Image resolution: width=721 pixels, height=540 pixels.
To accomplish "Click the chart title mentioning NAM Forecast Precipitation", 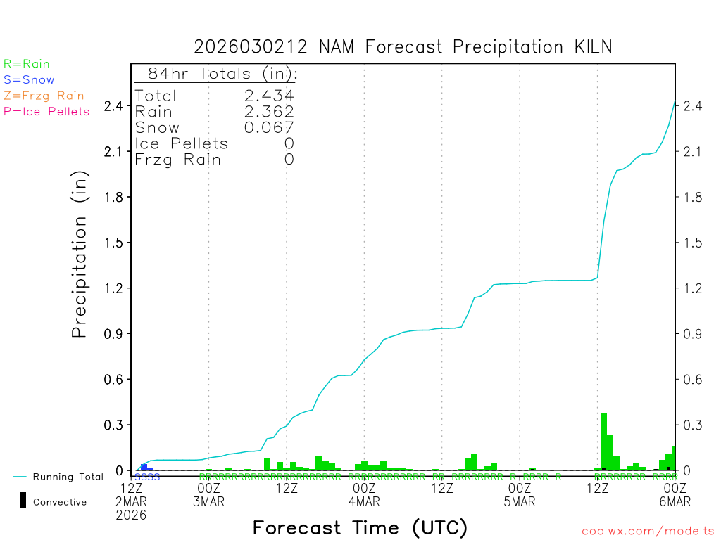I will click(403, 47).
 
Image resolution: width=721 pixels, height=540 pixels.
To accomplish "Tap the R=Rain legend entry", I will click(27, 64).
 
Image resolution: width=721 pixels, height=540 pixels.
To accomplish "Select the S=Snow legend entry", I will click(29, 80).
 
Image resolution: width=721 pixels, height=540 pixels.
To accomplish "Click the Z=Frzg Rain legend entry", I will click(44, 96).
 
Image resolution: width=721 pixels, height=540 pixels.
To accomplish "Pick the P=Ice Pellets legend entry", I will click(46, 111).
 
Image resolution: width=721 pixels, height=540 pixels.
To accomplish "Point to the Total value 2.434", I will click(269, 96).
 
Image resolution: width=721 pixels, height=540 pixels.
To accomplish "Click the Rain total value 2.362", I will click(269, 111).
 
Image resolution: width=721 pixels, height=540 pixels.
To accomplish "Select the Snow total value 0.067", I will click(269, 127).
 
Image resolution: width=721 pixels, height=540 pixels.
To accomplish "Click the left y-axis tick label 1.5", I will click(113, 243).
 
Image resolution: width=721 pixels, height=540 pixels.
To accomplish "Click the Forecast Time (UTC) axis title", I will click(360, 527).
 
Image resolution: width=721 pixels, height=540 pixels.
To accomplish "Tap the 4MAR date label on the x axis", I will click(364, 501).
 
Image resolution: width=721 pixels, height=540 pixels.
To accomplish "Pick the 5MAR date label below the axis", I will click(520, 501).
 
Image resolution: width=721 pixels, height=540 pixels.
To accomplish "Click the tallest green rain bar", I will click(603, 442).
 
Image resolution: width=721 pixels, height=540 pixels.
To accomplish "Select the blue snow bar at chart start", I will click(144, 466).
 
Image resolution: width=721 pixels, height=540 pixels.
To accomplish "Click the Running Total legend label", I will click(68, 477).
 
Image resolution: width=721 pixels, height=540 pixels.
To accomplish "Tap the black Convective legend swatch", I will click(23, 501).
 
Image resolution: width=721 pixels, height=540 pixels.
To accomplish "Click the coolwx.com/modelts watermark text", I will click(648, 531).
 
